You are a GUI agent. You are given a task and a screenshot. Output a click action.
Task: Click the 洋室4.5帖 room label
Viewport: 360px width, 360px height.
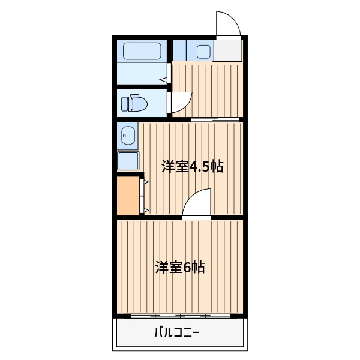point(193,166)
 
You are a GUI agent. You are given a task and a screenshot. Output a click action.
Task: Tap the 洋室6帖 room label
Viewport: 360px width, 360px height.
point(180,267)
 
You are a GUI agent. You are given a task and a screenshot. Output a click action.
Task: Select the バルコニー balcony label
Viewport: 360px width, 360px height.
point(176,332)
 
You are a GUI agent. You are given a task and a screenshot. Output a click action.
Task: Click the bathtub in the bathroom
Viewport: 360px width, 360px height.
point(142,51)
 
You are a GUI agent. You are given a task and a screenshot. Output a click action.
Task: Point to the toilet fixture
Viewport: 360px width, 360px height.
point(134,103)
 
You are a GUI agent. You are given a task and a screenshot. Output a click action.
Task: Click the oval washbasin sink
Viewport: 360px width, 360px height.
point(128,136)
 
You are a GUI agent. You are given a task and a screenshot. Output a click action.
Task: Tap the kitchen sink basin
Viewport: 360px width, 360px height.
point(203,52)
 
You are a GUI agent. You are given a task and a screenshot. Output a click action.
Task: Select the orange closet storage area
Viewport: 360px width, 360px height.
point(128,196)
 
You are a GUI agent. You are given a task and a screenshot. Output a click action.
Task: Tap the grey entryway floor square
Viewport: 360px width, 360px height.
point(228,51)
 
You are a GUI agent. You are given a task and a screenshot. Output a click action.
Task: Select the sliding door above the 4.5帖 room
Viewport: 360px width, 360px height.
point(215,119)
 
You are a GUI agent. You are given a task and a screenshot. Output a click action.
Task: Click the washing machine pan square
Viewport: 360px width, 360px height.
point(128,161)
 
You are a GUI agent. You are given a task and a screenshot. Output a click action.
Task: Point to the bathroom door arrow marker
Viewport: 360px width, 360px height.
point(163,80)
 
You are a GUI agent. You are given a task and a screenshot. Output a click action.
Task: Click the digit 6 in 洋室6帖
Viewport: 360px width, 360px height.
point(187,267)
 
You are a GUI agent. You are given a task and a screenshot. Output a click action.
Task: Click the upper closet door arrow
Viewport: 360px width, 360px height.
point(146,182)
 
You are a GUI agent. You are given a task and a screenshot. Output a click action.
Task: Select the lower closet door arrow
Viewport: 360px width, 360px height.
point(146,210)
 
